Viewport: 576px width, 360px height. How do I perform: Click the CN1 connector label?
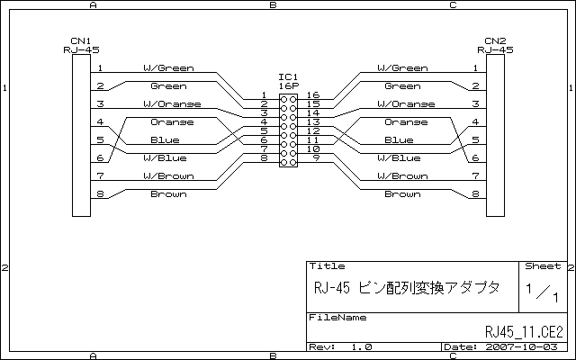point(81,41)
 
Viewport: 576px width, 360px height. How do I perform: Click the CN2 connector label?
point(495,41)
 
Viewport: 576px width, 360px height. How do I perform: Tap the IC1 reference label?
point(288,76)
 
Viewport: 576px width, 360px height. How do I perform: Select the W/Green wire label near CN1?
point(168,68)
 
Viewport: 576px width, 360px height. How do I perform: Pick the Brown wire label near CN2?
point(402,194)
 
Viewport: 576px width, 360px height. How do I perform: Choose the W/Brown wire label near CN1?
point(168,176)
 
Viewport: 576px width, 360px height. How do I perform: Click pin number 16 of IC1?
point(313,94)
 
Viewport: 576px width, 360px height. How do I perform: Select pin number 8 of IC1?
point(264,157)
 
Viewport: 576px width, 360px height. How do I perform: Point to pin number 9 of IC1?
point(316,157)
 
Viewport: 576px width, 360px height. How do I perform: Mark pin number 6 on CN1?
point(100,158)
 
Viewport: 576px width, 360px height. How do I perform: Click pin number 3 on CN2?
point(475,104)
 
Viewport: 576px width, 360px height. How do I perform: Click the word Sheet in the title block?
point(542,267)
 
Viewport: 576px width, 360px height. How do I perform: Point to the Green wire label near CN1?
point(168,86)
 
